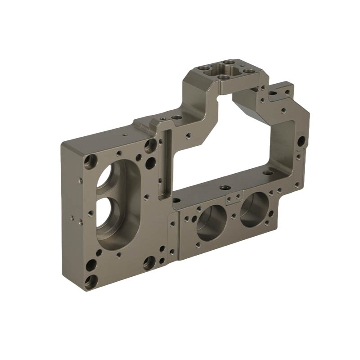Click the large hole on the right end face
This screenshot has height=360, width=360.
(301, 141)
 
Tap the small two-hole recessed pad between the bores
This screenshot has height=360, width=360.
(234, 198)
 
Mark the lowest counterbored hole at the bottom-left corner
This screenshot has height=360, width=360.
(90, 281)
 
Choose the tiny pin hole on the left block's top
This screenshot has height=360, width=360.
(125, 134)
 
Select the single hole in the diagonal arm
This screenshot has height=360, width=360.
(188, 134)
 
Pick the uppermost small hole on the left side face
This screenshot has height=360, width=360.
(80, 180)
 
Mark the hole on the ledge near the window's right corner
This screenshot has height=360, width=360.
(267, 172)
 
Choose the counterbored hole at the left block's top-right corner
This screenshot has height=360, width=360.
(150, 145)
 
